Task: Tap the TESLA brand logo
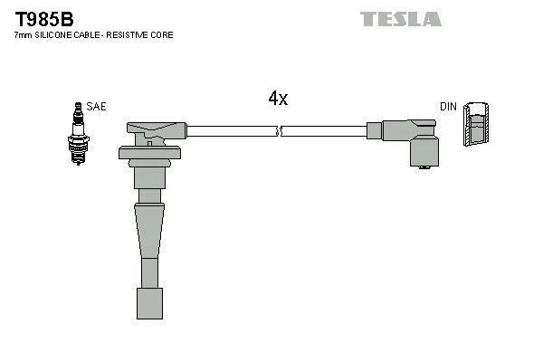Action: pos(401,18)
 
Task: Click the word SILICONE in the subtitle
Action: pos(54,35)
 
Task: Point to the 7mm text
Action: pos(23,35)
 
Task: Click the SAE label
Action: pos(97,107)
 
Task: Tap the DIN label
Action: pos(448,107)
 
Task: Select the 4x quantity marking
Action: pos(278,100)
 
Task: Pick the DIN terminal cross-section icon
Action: pos(478,125)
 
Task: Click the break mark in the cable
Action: pos(280,131)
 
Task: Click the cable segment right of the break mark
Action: pos(326,131)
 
